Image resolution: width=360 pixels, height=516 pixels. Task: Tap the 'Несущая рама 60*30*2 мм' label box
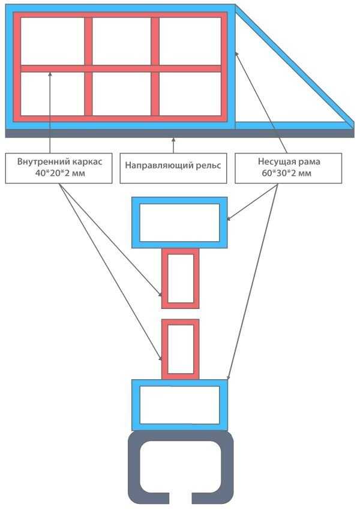(289, 167)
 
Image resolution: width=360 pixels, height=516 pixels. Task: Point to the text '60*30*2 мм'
(289, 173)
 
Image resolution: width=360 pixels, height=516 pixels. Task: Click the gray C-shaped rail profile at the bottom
(135, 468)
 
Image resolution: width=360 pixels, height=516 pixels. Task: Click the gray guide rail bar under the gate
(180, 133)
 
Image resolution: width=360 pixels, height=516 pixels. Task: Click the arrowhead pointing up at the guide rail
(173, 140)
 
